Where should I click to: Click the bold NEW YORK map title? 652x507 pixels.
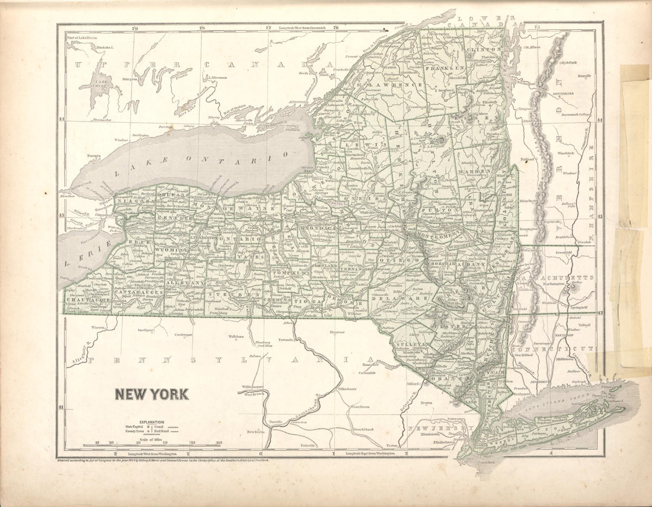[151, 394]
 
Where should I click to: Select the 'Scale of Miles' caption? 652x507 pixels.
[151, 436]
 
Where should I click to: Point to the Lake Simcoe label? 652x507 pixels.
[103, 83]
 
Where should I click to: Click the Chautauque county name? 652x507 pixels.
[87, 301]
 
